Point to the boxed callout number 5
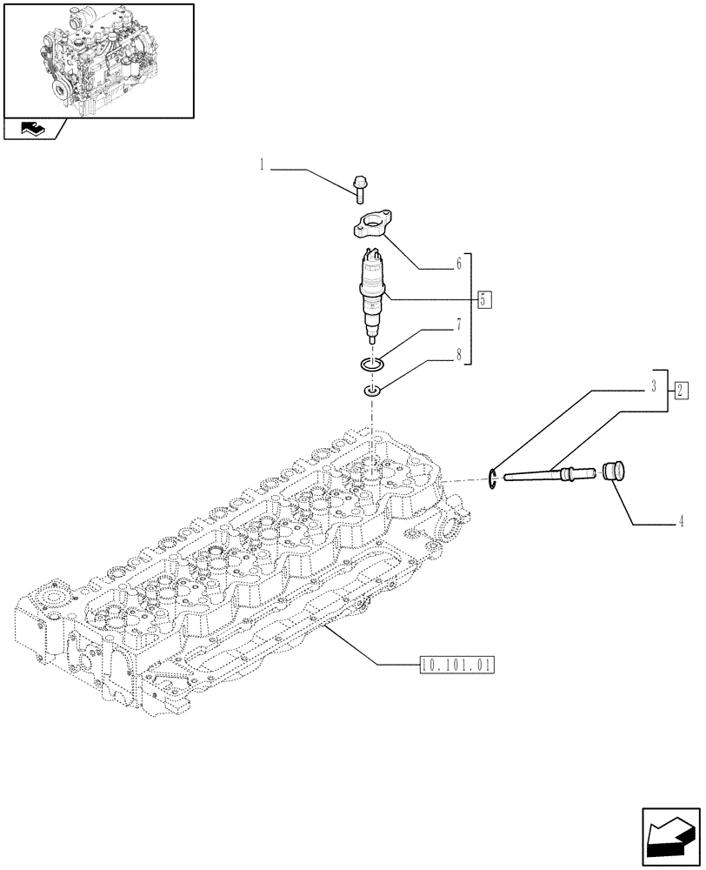click(x=485, y=300)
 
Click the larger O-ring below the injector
click(x=372, y=364)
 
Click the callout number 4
click(x=682, y=522)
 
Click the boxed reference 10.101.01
click(x=456, y=666)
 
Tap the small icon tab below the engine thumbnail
click(x=32, y=130)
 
